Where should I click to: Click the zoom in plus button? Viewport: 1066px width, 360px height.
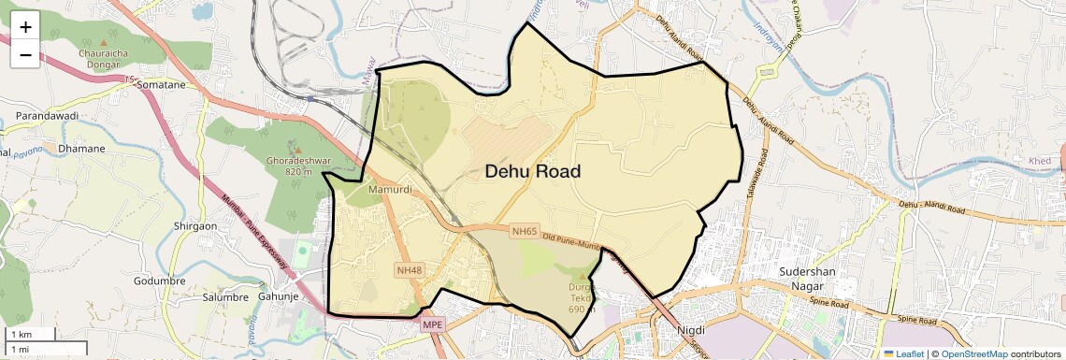click(x=25, y=26)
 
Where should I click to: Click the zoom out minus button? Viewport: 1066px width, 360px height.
click(x=25, y=54)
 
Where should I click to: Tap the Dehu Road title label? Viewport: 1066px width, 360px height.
click(x=532, y=172)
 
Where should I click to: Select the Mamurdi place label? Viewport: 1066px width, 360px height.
click(x=390, y=191)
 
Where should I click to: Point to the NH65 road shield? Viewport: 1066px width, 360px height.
click(x=525, y=231)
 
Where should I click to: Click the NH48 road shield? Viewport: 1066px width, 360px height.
click(x=410, y=270)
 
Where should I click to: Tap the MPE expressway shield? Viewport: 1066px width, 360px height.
click(x=432, y=324)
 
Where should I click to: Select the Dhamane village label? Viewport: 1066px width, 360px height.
click(x=81, y=148)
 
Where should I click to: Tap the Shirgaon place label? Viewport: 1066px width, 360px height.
click(x=195, y=226)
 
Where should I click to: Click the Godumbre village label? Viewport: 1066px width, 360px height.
click(x=160, y=281)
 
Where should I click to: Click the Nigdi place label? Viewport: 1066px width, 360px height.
click(x=691, y=330)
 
